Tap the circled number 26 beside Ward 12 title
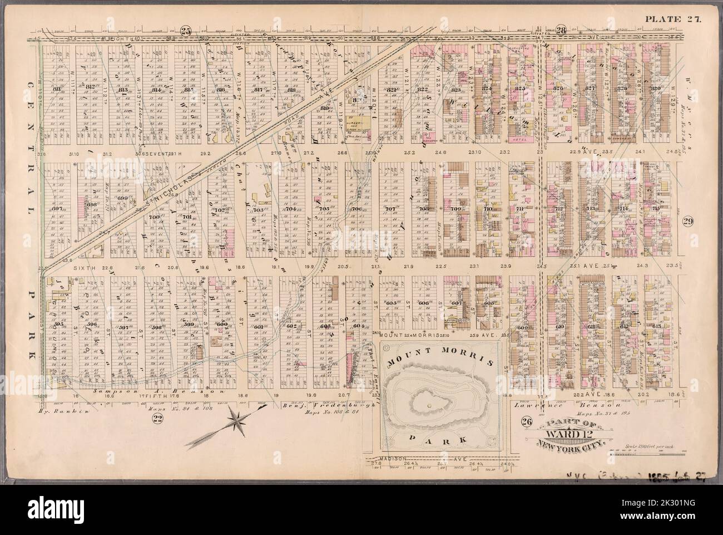tap(526, 421)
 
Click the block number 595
tap(58, 325)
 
